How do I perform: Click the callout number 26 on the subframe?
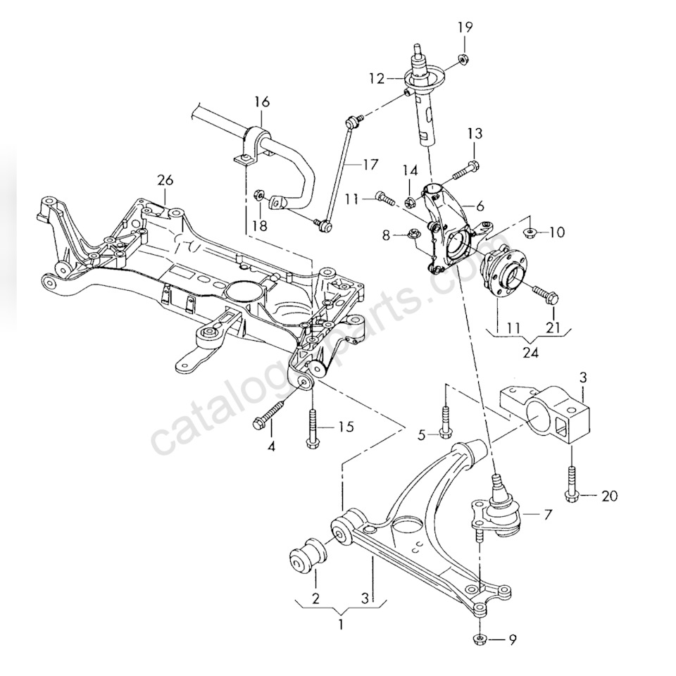(x=165, y=181)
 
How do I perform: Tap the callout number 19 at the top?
(x=465, y=28)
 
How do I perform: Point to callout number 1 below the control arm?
(x=342, y=624)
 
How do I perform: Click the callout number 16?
(x=261, y=102)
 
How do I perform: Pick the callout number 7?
(x=548, y=515)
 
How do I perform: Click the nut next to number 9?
(x=479, y=639)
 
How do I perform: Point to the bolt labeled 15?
(x=312, y=425)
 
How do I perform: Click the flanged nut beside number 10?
(x=530, y=231)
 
